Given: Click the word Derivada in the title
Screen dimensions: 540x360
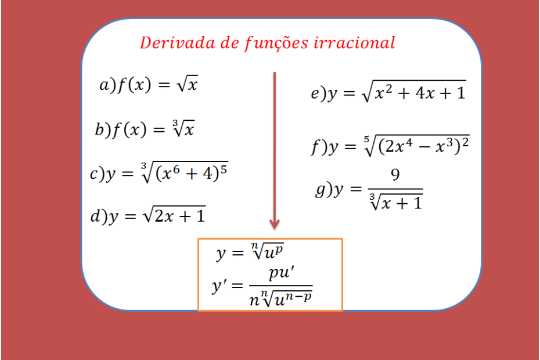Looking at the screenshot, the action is [177, 43].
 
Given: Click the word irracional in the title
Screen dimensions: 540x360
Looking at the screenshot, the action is [354, 43].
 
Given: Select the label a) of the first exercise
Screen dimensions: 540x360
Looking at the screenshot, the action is [107, 85].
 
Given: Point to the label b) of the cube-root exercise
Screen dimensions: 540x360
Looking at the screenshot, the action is [103, 129].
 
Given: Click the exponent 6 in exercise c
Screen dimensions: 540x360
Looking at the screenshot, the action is [176, 169].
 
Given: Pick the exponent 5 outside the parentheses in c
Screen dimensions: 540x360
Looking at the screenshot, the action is [224, 170].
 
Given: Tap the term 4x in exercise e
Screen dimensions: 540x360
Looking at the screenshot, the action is [424, 93].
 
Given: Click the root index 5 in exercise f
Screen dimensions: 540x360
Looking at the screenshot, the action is [366, 139].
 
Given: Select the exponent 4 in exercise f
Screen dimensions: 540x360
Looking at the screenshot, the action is [408, 142].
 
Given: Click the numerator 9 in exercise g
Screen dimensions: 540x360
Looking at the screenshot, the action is [395, 175].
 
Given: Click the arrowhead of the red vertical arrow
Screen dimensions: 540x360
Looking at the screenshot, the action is [275, 224].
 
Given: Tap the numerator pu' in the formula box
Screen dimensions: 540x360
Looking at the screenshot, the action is [282, 273].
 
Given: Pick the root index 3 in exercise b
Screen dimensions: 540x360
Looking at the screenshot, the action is [175, 123].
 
